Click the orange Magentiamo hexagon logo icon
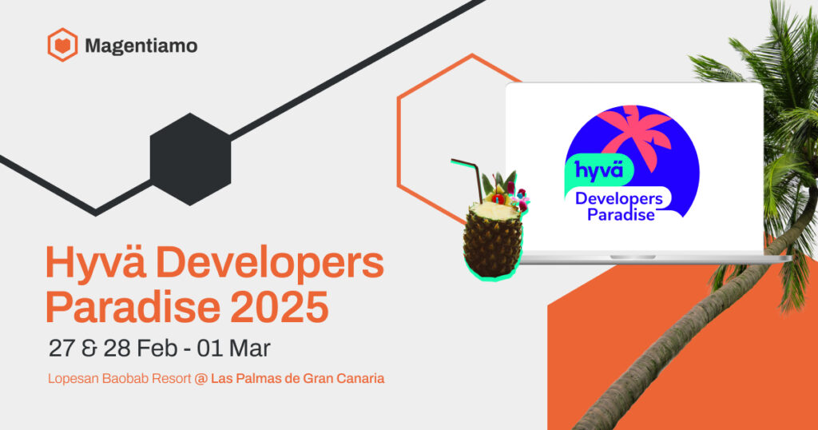(62, 45)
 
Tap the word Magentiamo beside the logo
(141, 46)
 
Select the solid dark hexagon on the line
(190, 159)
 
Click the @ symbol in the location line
(200, 378)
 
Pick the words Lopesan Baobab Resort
(118, 378)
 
